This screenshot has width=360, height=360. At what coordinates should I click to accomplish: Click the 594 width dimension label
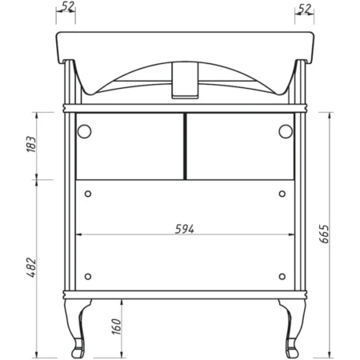[x=185, y=229]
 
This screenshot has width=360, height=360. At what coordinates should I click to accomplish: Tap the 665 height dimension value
[x=324, y=234]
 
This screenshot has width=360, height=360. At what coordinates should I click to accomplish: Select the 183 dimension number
[x=31, y=144]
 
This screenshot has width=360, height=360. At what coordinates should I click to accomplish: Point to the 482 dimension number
[x=31, y=267]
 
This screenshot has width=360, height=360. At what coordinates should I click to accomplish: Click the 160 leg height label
[x=116, y=326]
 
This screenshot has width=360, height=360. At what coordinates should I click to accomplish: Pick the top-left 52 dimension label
[x=67, y=6]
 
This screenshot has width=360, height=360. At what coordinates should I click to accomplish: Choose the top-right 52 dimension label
[x=304, y=9]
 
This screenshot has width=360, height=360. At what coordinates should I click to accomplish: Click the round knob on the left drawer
[x=84, y=131]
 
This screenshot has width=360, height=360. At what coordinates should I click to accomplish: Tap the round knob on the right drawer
[x=286, y=131]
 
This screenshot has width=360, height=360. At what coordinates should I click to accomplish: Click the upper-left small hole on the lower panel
[x=88, y=194]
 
